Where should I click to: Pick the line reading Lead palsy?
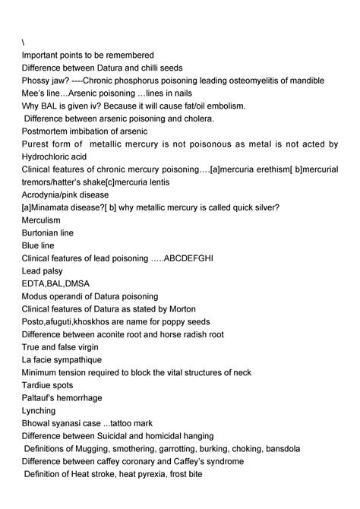(43, 270)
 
